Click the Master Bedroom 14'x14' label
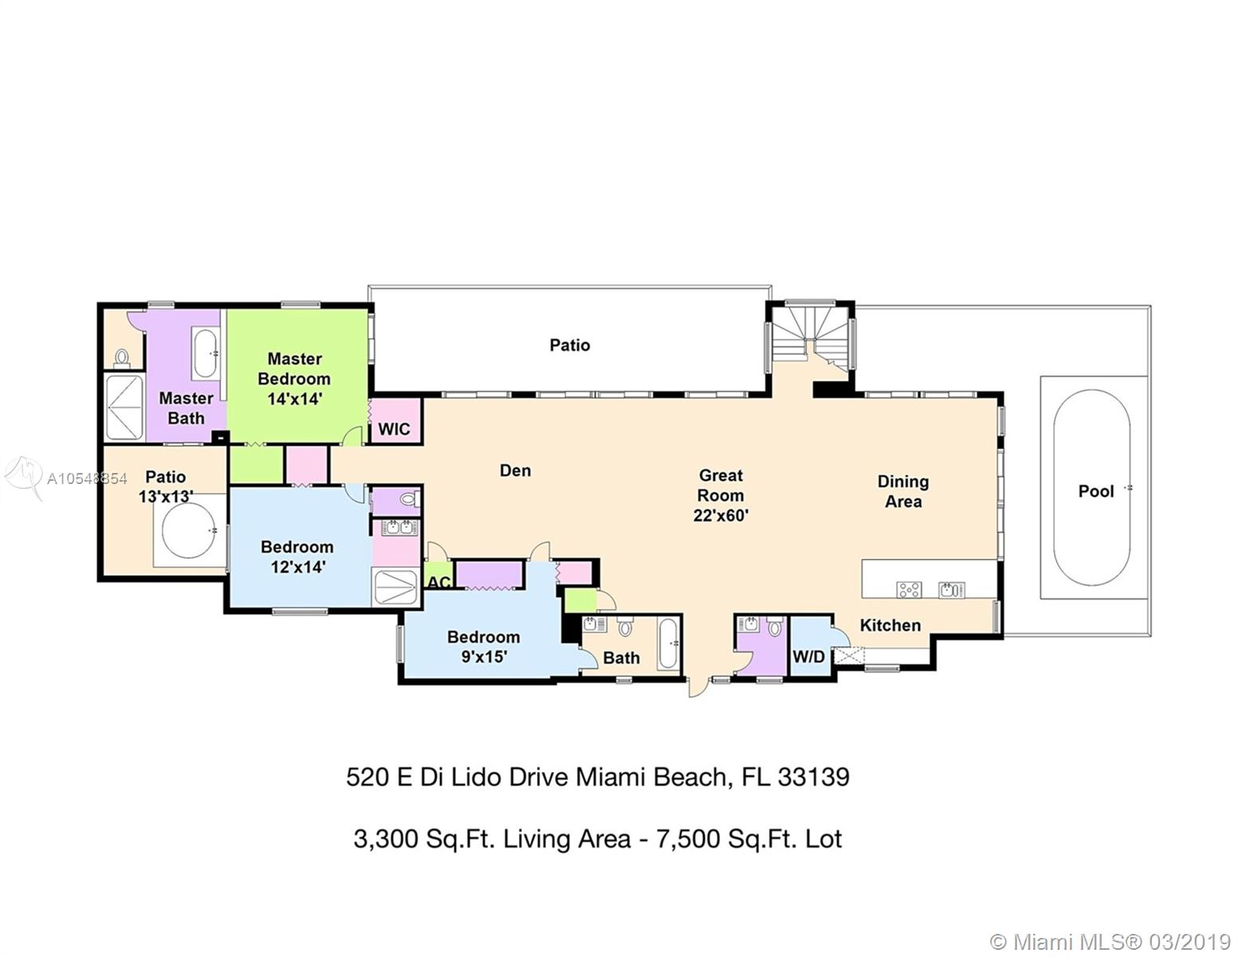click(x=294, y=379)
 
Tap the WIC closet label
click(x=394, y=428)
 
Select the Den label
click(x=515, y=471)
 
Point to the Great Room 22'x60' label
click(x=721, y=495)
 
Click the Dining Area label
click(x=903, y=491)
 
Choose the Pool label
click(x=1096, y=490)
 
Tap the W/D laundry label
click(x=809, y=656)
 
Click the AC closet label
click(x=438, y=582)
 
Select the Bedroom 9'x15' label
click(x=484, y=646)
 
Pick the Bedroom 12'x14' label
click(x=297, y=557)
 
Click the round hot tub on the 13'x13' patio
click(x=190, y=530)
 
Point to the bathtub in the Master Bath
click(x=205, y=353)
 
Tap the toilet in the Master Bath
click(x=121, y=358)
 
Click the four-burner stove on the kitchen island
click(x=909, y=589)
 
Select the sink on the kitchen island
click(x=952, y=589)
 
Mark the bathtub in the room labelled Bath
click(x=668, y=644)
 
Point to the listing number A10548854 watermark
click(x=87, y=478)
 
